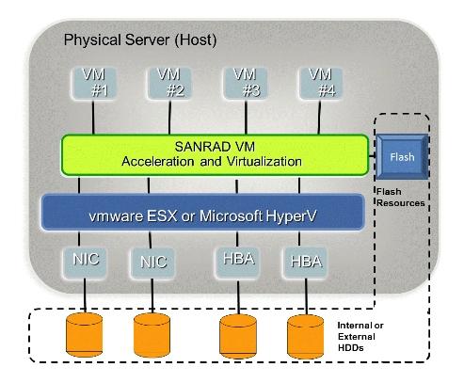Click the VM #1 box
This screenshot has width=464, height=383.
93,83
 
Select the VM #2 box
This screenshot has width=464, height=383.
169,83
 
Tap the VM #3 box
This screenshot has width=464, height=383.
245,83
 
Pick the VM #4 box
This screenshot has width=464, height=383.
321,83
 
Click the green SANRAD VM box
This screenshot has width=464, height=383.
215,154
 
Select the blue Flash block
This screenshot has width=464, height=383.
402,156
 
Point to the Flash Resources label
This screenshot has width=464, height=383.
400,198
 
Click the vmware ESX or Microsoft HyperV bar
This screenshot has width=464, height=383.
203,213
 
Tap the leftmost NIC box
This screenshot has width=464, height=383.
85,263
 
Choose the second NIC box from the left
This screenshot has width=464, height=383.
152,263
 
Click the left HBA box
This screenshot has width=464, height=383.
238,263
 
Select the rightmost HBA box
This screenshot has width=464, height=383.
305,263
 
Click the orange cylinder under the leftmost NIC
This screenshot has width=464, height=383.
85,335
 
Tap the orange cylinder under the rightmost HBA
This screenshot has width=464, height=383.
306,337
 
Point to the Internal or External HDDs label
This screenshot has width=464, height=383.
360,337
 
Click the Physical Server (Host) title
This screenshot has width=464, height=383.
140,40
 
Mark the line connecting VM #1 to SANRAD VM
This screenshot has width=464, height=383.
93,118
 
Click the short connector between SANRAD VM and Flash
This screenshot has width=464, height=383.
373,155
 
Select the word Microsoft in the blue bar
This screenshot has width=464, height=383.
232,215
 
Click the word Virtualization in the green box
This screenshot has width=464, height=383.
264,162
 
